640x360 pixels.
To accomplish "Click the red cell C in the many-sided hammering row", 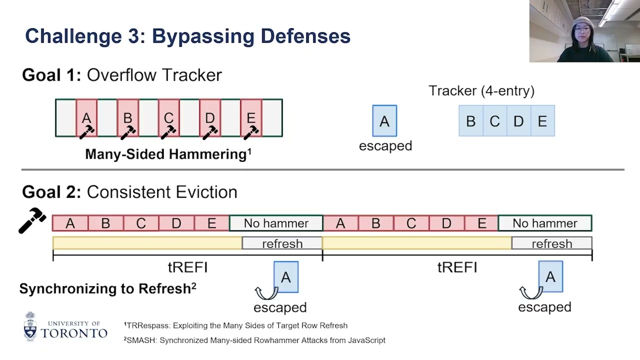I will coord(168,118).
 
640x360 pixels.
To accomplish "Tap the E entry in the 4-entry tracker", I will coord(542,121).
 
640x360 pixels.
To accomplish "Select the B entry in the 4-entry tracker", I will coord(470,121).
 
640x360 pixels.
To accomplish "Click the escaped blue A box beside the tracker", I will coord(384,121).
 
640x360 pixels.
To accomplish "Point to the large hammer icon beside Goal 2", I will coord(32,220).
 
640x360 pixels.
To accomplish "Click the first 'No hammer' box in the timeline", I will coord(276,223).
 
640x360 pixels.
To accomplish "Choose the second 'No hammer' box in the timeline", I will coord(545,223).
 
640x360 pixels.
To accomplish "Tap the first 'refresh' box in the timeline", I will coord(282,243).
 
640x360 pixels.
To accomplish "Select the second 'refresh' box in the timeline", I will coord(551,243).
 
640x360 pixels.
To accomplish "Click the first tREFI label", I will coord(187,267).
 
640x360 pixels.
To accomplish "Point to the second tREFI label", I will coord(457,267).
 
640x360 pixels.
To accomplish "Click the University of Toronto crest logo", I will coord(30,326).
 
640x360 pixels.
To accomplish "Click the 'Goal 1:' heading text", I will coord(51,75).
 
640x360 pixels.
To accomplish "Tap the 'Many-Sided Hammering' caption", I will coord(166,154).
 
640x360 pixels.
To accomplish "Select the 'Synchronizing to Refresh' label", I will coord(105,288).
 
